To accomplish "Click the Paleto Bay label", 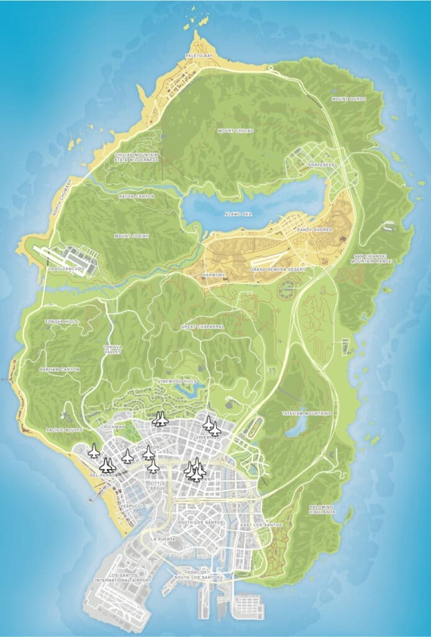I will click(x=199, y=56).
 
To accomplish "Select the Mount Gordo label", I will click(x=348, y=99).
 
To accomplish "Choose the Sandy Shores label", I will click(x=315, y=230).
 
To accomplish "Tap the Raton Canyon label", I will click(x=136, y=197).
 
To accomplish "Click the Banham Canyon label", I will click(x=59, y=370).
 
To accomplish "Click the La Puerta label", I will click(x=161, y=539).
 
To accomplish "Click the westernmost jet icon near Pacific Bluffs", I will click(x=94, y=451).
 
